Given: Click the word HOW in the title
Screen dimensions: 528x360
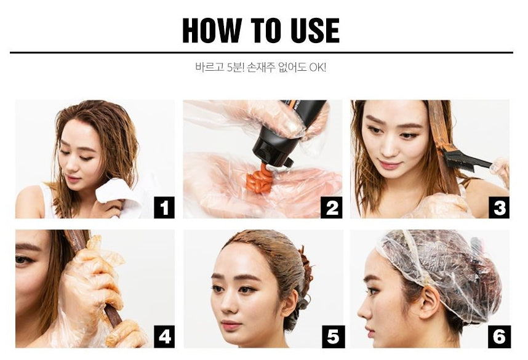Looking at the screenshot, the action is pos(212,30).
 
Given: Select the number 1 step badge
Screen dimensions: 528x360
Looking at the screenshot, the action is pos(164,207).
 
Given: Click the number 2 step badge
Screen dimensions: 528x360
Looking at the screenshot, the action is pos(332,207).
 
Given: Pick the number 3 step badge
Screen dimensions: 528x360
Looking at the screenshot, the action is pos(499,207).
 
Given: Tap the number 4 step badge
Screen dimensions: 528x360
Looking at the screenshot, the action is pos(164,337).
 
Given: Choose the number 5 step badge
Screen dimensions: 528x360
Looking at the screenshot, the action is pos(333,337).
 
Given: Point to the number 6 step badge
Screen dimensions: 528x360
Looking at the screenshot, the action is pos(499,337).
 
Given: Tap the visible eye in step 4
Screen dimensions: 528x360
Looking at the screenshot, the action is pos(23,260).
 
